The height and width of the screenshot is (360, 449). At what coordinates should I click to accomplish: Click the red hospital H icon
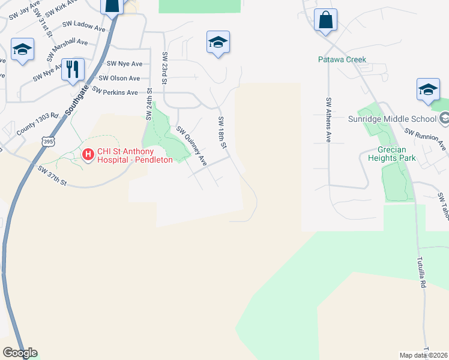(88, 155)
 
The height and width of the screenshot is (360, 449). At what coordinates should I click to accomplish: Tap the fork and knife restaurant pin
(73, 68)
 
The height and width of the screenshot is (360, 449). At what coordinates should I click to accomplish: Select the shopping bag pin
(325, 19)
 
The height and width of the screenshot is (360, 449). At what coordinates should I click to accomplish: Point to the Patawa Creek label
(342, 60)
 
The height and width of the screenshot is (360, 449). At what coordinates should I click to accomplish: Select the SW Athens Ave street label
(328, 120)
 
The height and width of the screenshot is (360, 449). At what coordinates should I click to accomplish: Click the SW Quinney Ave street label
(191, 146)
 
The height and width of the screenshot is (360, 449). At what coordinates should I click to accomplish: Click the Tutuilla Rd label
(422, 273)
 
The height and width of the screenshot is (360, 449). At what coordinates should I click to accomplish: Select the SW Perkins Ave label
(115, 92)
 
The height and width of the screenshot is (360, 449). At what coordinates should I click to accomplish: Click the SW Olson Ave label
(119, 78)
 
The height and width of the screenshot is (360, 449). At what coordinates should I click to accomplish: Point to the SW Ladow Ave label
(84, 26)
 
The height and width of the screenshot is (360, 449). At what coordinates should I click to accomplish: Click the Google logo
(20, 353)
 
